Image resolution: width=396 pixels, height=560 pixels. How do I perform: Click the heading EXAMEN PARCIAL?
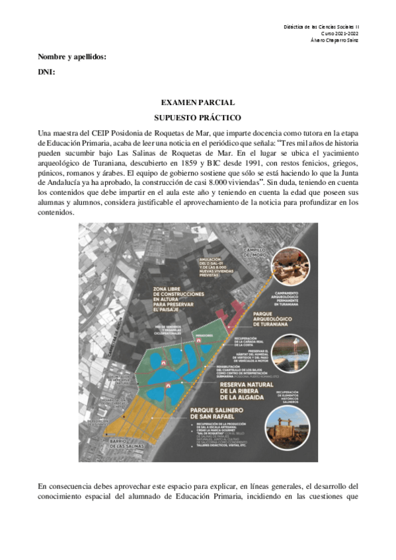coord(198,102)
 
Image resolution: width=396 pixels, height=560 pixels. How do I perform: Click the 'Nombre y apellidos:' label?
coord(72,57)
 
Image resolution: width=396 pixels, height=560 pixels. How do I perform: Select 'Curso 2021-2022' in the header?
coord(340,33)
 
